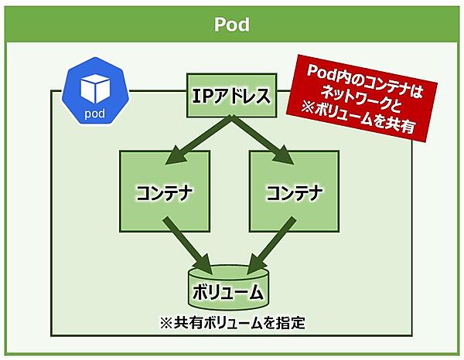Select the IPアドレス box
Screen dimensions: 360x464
coord(230,96)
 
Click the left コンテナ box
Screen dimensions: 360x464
coord(164,190)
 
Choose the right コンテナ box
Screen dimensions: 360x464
coord(294,190)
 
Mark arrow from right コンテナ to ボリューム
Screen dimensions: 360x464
coord(271,241)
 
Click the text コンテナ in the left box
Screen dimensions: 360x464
coord(164,191)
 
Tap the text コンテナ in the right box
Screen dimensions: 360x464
coord(294,191)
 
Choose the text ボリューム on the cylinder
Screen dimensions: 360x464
coord(229,294)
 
